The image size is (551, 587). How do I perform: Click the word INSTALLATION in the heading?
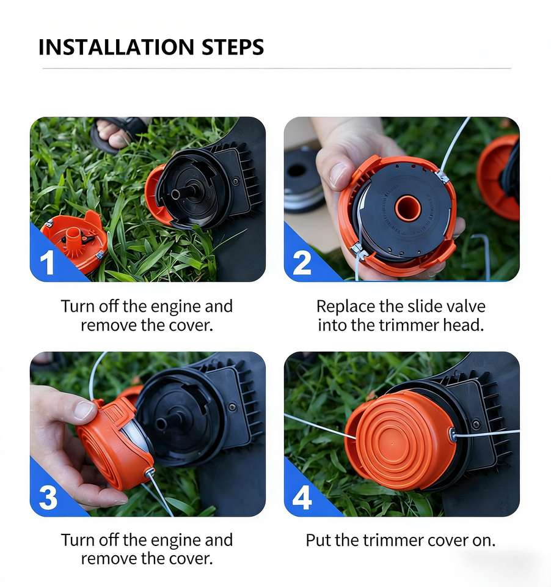[x=116, y=47]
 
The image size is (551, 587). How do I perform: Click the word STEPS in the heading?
[x=233, y=47]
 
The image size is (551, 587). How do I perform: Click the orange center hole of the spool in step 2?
[x=407, y=208]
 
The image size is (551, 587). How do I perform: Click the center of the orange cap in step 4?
[x=392, y=444]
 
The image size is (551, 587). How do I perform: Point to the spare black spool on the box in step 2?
[x=303, y=180]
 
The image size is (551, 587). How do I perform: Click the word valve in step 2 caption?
[x=465, y=306]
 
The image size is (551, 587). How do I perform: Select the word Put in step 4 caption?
[x=318, y=540]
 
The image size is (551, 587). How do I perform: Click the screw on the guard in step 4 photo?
[x=476, y=424]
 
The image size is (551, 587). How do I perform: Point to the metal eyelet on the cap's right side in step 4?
[x=452, y=435]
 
